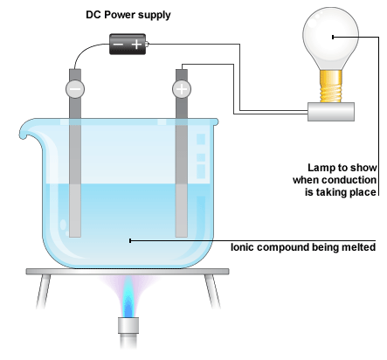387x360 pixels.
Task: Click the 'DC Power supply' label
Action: point(128,15)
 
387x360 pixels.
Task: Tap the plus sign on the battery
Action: point(136,45)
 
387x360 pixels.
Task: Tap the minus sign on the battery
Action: point(118,45)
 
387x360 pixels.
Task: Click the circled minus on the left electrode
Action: point(75,89)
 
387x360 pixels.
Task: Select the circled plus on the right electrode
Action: point(182,89)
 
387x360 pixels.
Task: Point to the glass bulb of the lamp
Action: point(331,38)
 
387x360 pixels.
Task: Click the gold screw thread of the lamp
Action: point(331,87)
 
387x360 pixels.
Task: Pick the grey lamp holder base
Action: point(331,112)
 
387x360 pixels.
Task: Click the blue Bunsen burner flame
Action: point(128,297)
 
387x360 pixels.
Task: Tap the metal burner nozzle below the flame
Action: point(128,325)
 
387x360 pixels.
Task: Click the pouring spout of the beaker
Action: point(28,131)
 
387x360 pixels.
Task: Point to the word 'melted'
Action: point(358,247)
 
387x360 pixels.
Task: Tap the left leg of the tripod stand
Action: point(43,291)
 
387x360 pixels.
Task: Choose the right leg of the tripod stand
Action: point(212,291)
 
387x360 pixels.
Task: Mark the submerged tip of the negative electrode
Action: point(75,237)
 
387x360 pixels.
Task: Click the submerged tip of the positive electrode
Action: point(182,237)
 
